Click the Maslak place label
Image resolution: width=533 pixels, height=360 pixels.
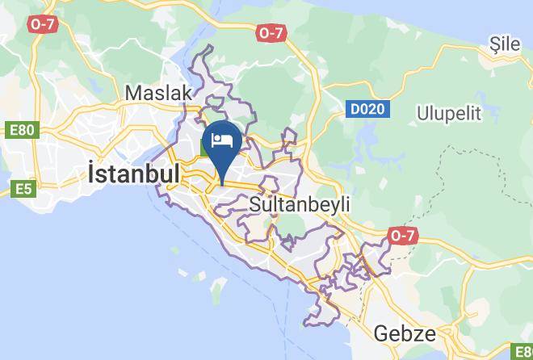click(x=158, y=93)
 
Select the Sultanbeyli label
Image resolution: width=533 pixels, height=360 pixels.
click(x=300, y=204)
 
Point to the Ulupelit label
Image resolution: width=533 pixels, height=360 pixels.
click(x=448, y=112)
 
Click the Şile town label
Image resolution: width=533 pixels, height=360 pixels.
click(x=506, y=44)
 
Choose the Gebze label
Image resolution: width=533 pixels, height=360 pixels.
click(x=405, y=333)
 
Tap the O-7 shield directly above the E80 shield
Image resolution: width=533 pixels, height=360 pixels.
click(x=41, y=25)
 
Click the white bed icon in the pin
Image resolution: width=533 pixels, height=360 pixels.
click(x=222, y=140)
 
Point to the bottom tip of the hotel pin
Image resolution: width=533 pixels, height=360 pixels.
click(x=222, y=174)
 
